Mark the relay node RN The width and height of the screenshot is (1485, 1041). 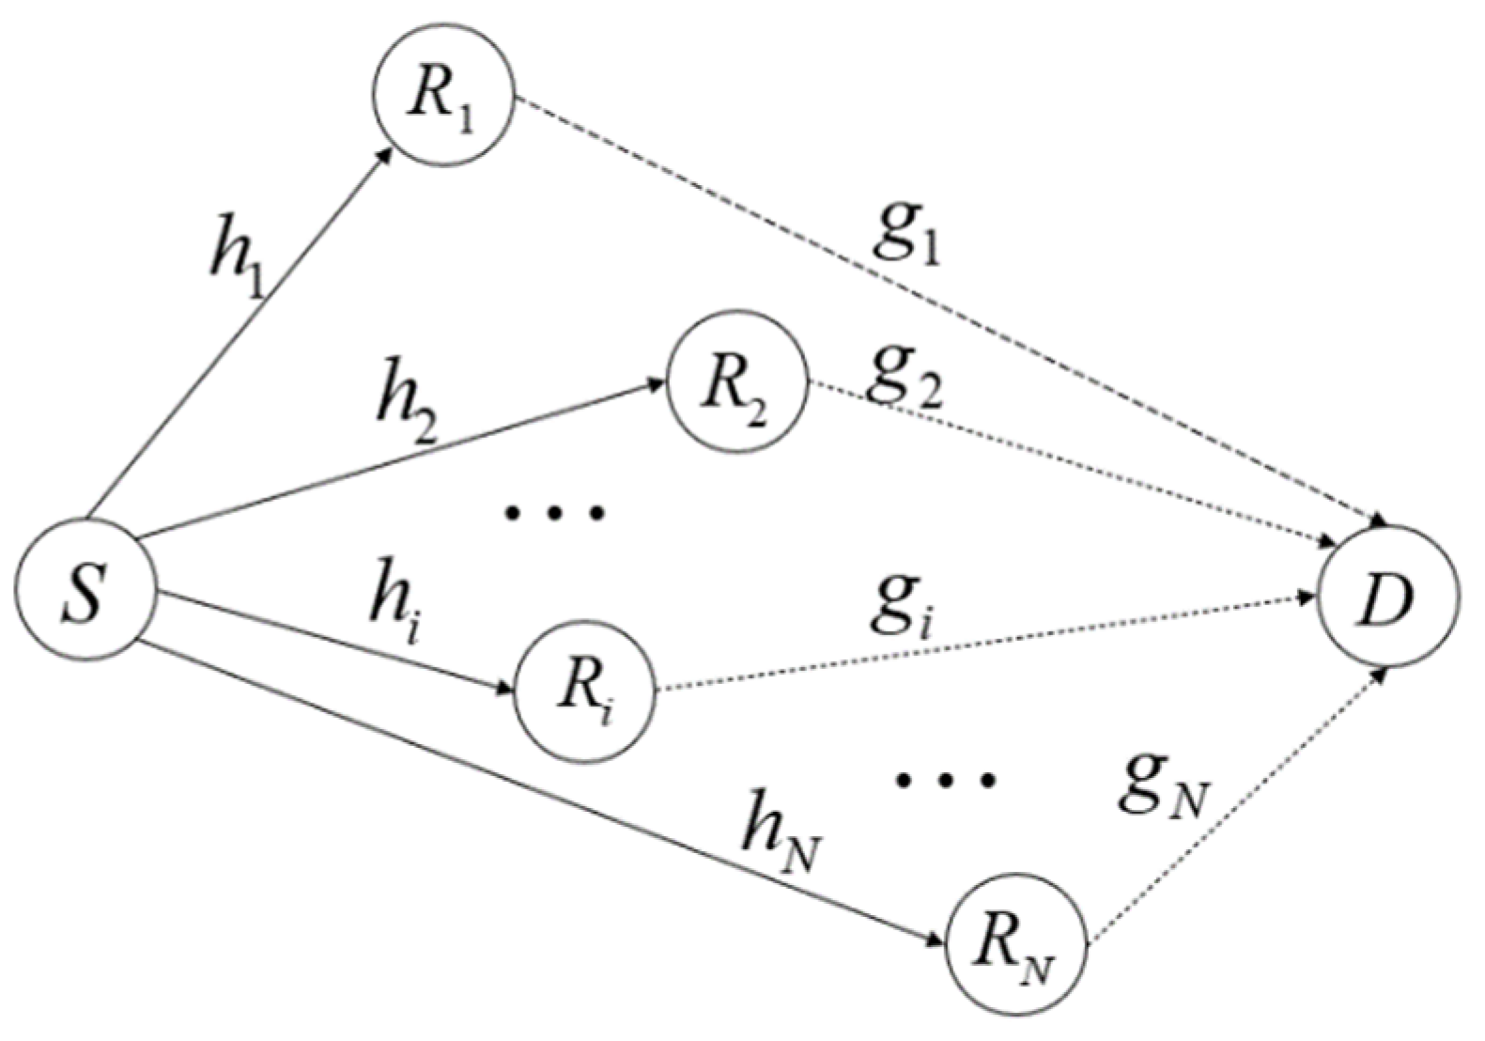pos(1016,943)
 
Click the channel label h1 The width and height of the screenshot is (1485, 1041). pos(236,256)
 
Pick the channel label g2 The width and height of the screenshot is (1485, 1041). pos(904,374)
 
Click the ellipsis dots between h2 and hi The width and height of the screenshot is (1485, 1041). pos(554,512)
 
